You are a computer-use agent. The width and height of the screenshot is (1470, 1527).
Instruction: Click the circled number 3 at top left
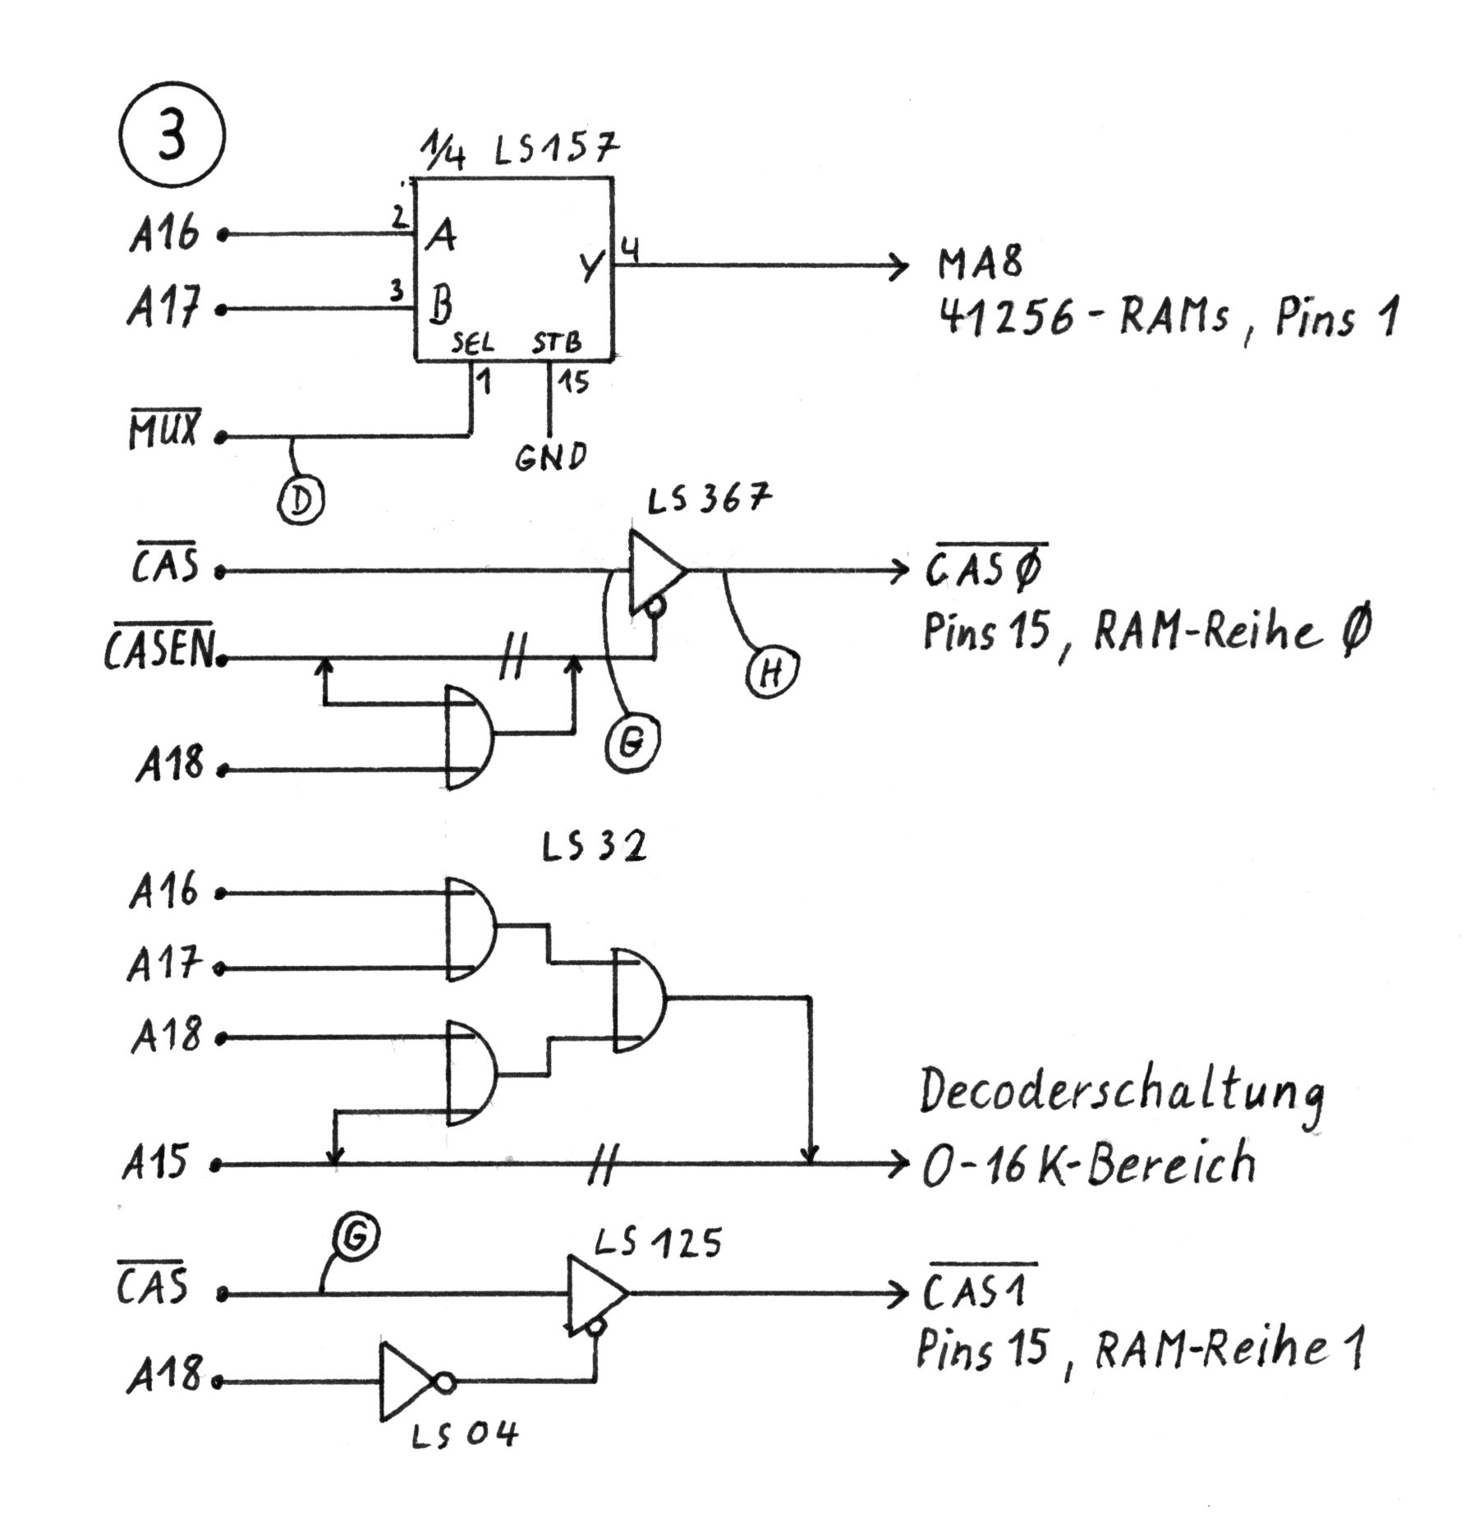click(171, 136)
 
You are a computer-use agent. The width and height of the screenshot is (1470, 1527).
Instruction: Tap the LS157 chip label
click(556, 150)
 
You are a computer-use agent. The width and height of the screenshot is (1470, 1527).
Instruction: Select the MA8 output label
click(981, 264)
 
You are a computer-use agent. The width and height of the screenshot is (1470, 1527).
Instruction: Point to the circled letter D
click(301, 500)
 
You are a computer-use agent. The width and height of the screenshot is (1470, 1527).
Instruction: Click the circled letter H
click(773, 673)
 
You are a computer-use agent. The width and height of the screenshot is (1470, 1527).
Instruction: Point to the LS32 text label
click(593, 847)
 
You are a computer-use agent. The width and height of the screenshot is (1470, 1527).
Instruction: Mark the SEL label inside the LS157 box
click(472, 343)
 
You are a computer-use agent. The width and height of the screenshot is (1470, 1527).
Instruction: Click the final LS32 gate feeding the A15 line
click(639, 1000)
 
